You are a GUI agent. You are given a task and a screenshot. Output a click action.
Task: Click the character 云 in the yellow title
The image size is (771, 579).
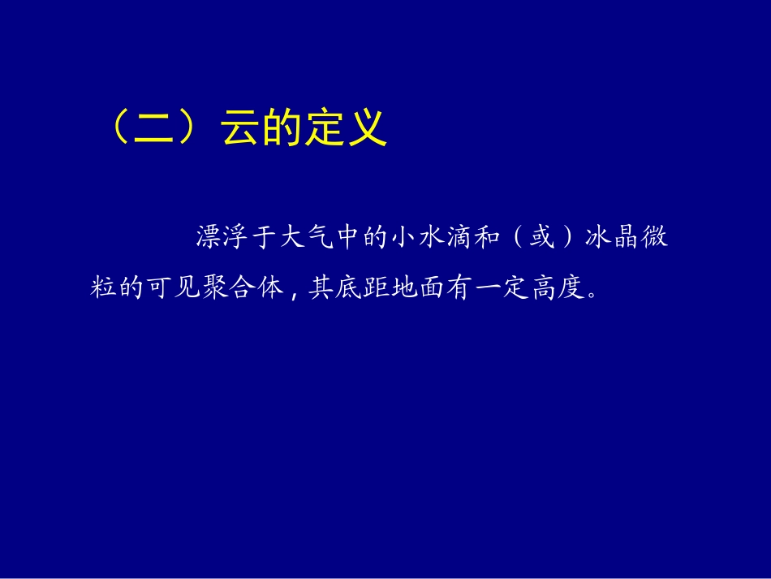[x=240, y=128]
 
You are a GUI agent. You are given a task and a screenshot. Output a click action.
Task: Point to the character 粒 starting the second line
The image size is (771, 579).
[x=103, y=287]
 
